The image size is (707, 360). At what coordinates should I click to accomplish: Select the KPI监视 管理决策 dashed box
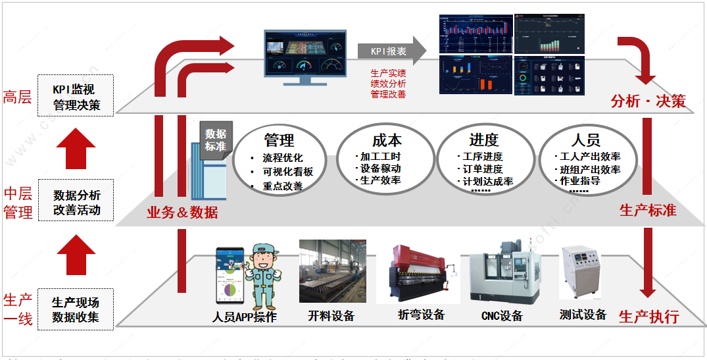(77, 96)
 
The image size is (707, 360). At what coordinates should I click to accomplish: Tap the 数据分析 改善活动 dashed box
(77, 202)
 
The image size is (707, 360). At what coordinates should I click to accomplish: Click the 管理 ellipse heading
(279, 140)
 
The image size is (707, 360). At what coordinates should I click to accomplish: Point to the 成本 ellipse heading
(381, 140)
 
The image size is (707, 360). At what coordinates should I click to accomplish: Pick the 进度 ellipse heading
(484, 140)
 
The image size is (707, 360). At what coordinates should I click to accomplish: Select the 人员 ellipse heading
(585, 140)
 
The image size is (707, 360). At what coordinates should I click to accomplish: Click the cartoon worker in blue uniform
(263, 276)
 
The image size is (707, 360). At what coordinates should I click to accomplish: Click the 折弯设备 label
(421, 315)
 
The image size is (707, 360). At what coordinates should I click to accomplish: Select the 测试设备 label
(583, 315)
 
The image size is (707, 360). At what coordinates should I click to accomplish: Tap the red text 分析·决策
(647, 101)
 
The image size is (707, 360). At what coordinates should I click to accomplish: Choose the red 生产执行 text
(648, 317)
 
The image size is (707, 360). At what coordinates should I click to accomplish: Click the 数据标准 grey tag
(214, 140)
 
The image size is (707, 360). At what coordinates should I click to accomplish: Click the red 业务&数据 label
(182, 212)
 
